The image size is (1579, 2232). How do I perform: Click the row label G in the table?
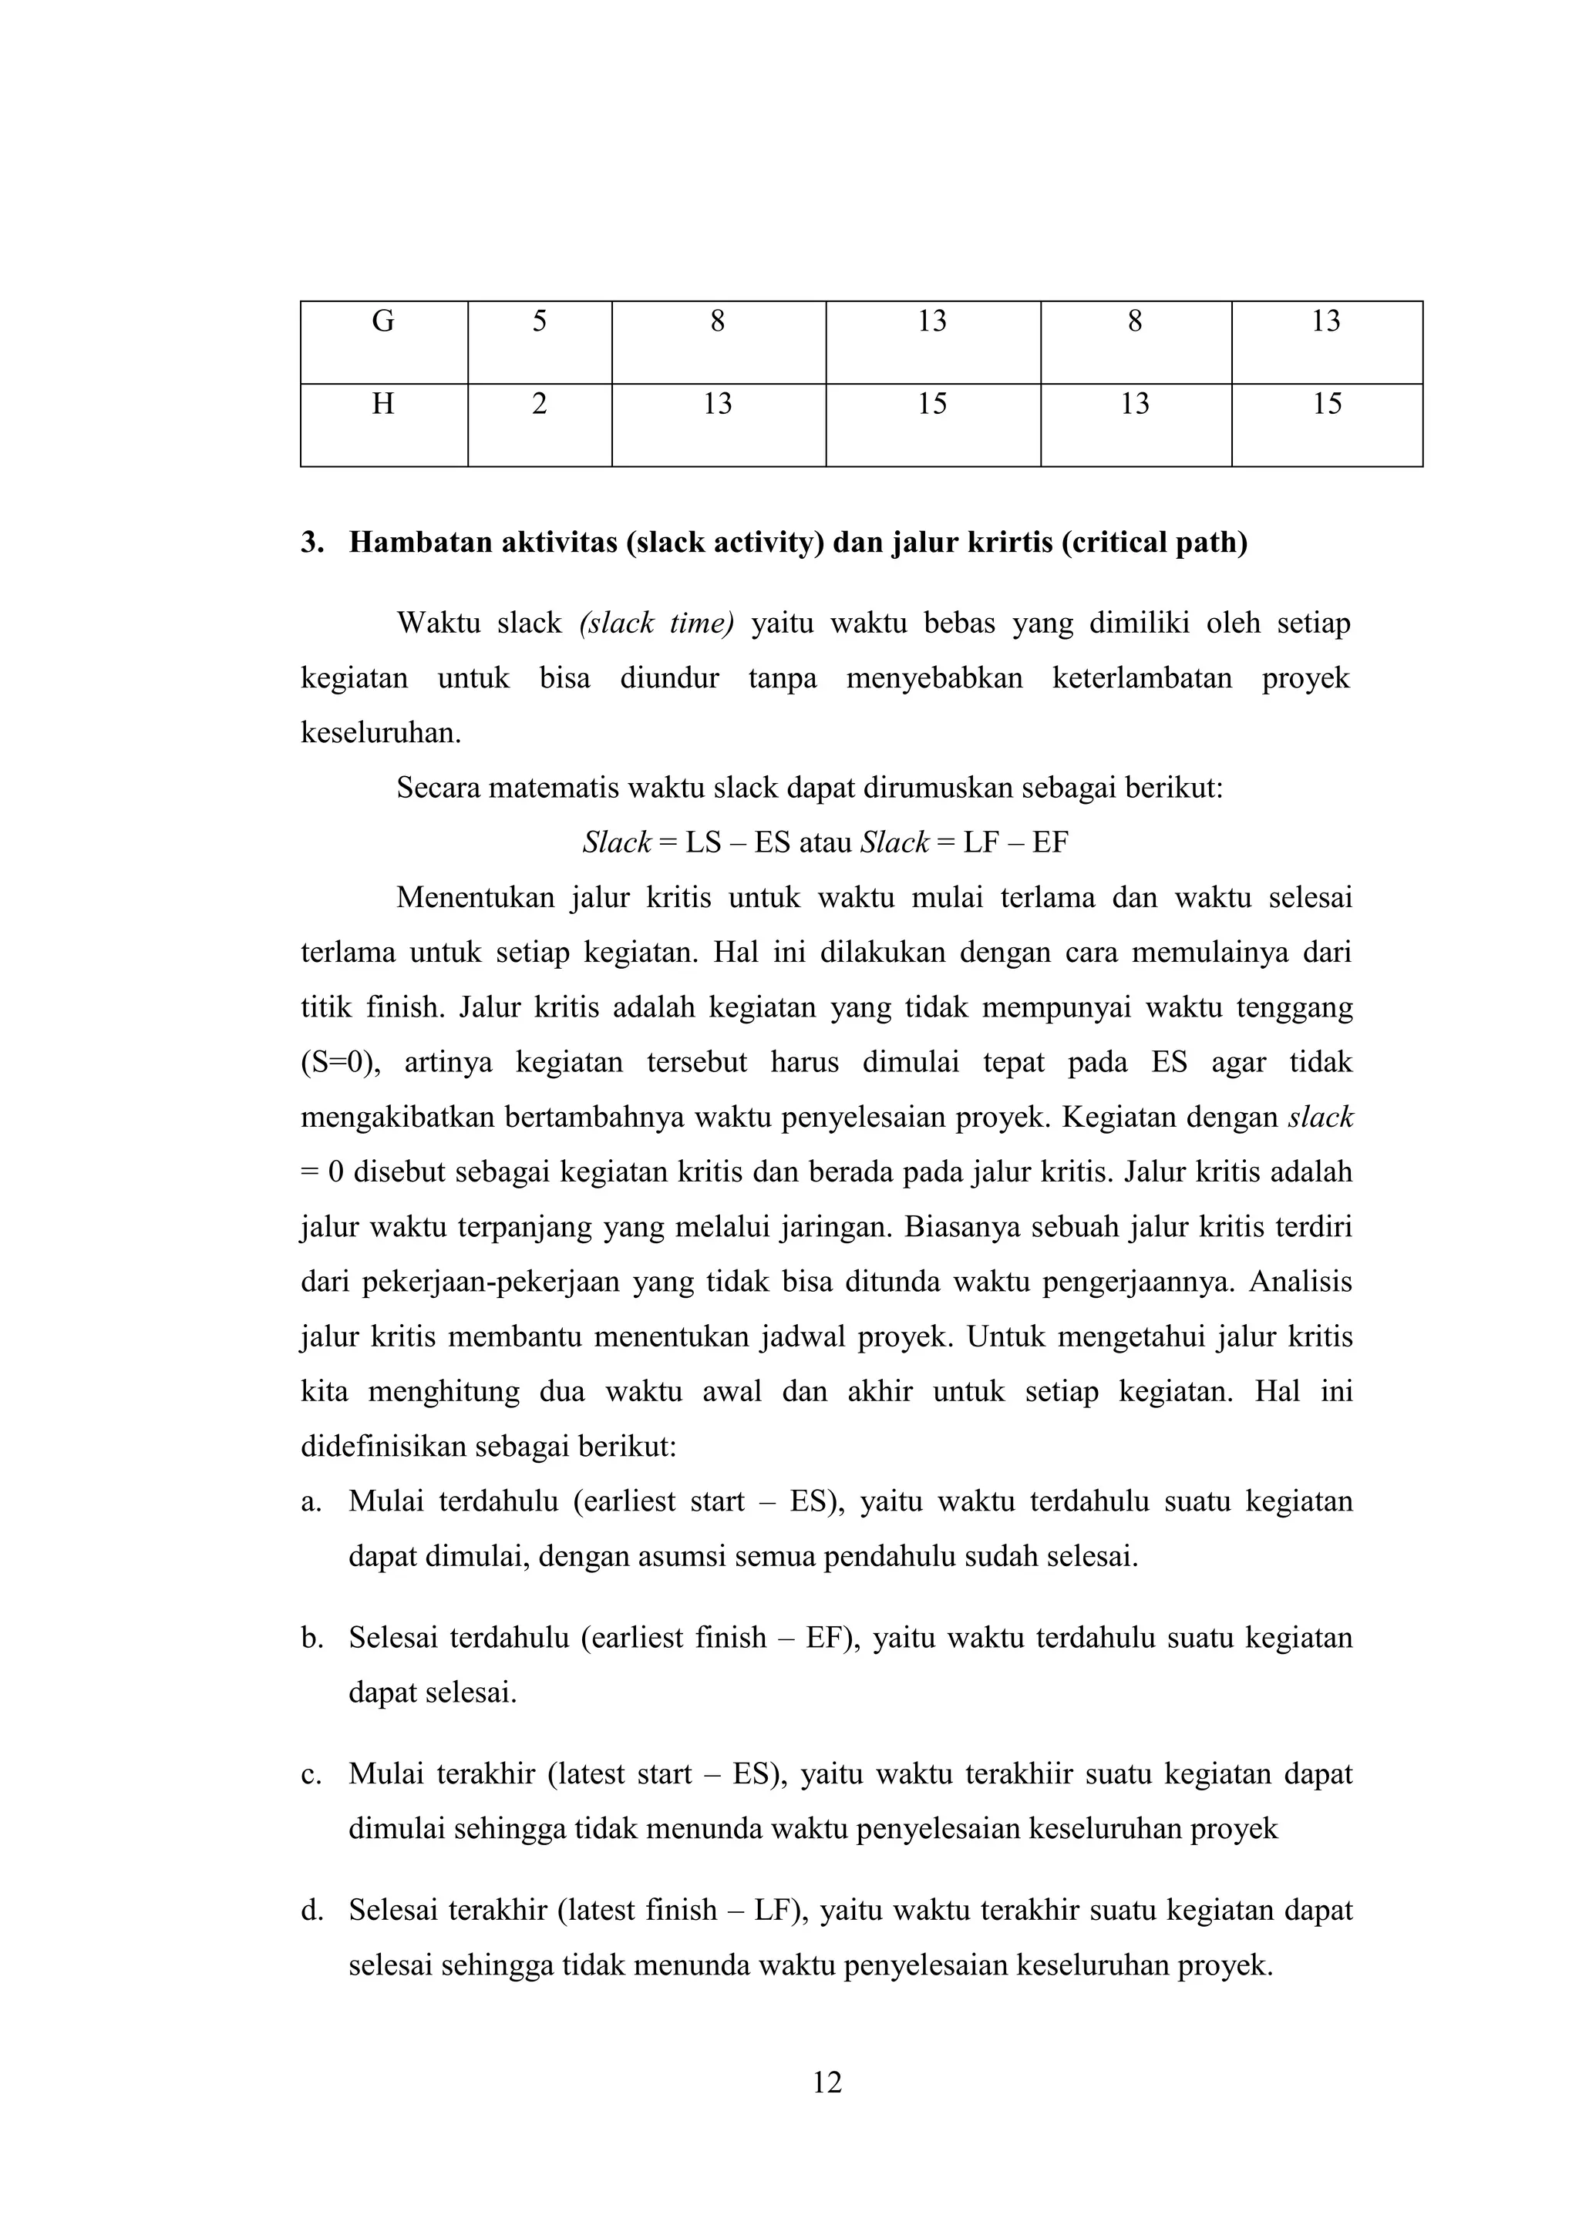tap(383, 321)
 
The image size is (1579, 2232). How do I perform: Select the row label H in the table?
tap(383, 403)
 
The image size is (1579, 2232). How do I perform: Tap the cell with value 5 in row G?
tap(540, 321)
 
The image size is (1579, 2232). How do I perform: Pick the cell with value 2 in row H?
tap(540, 403)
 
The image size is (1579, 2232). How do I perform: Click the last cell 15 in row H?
tap(1327, 403)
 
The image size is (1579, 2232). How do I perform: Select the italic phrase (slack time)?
tap(656, 624)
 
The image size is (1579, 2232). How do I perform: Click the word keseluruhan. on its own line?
tap(381, 733)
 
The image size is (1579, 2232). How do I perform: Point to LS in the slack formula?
tap(703, 843)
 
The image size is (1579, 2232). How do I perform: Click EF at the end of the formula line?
tap(1050, 843)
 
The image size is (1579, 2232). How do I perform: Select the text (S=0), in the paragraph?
tap(343, 1063)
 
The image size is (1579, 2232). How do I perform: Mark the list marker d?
tap(311, 1912)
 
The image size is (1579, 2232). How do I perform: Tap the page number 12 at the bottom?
tap(827, 2082)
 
